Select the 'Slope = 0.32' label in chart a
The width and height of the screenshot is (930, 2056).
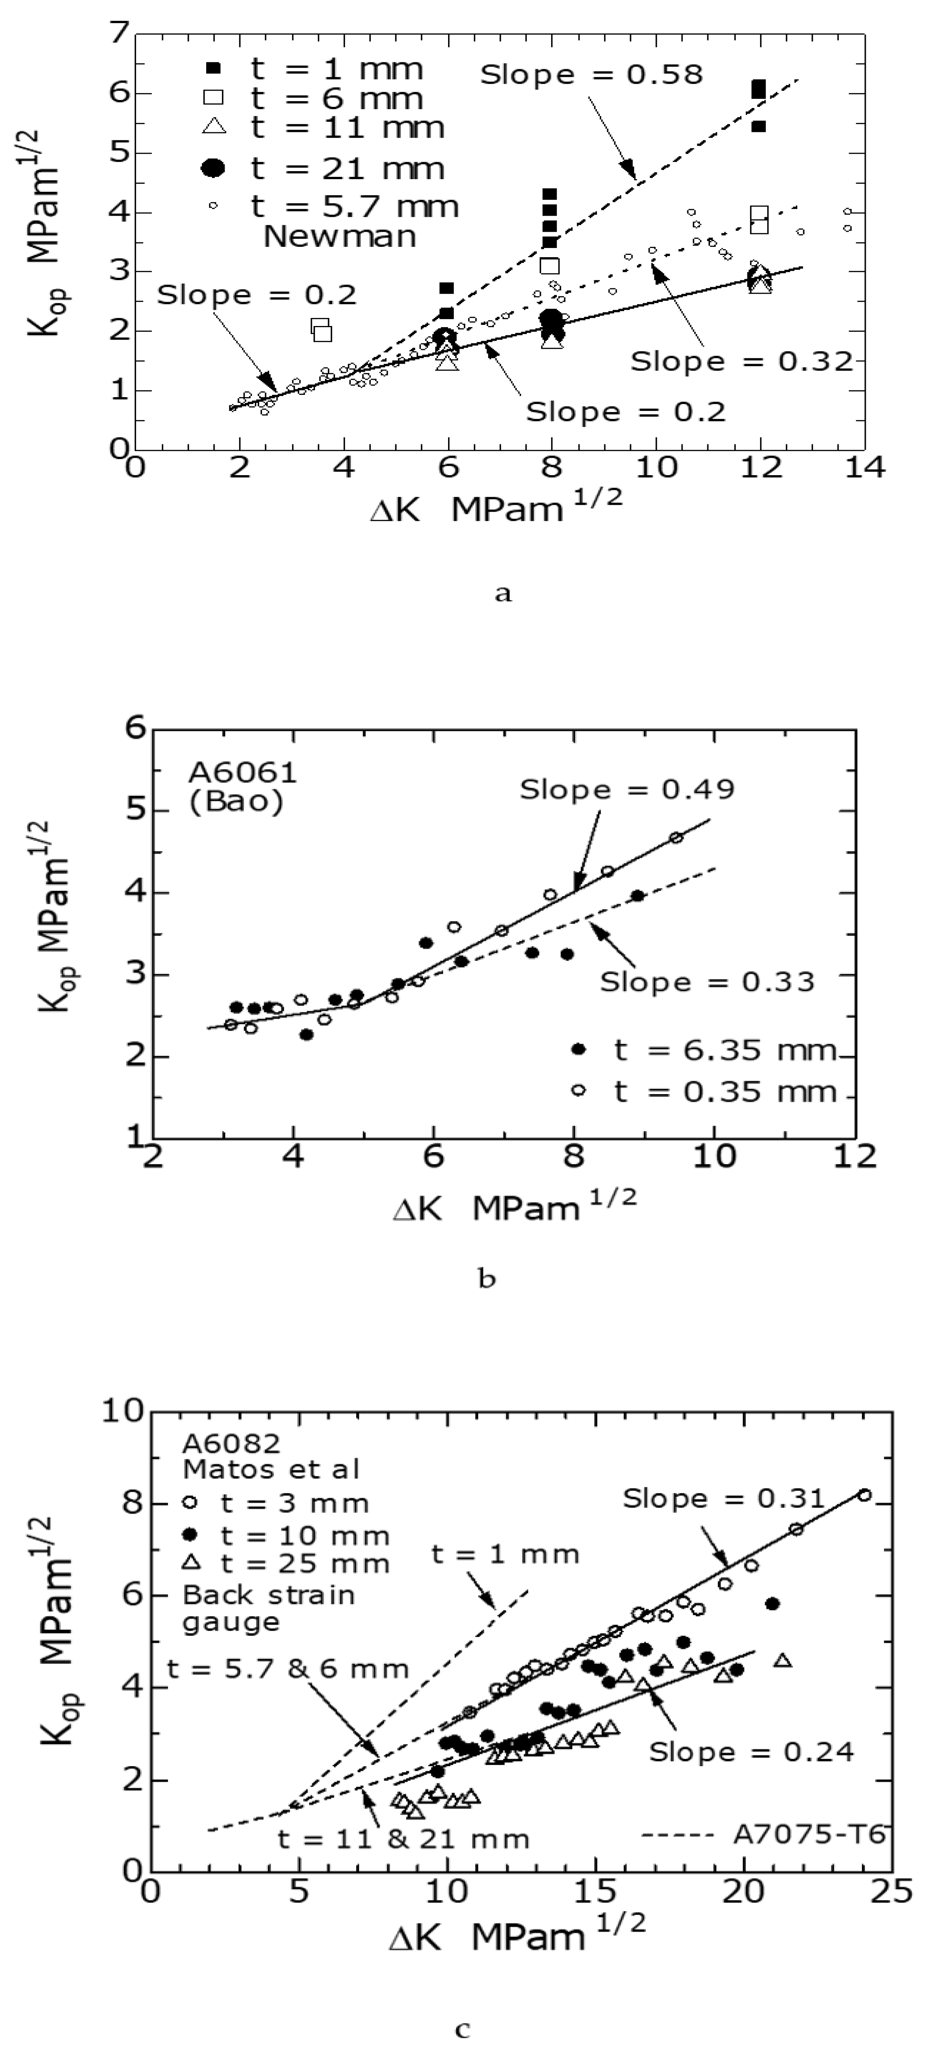(742, 361)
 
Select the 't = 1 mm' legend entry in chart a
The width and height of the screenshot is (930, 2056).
(335, 70)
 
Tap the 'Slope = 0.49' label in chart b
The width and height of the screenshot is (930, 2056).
(627, 789)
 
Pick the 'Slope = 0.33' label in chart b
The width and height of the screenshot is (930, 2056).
(707, 981)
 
